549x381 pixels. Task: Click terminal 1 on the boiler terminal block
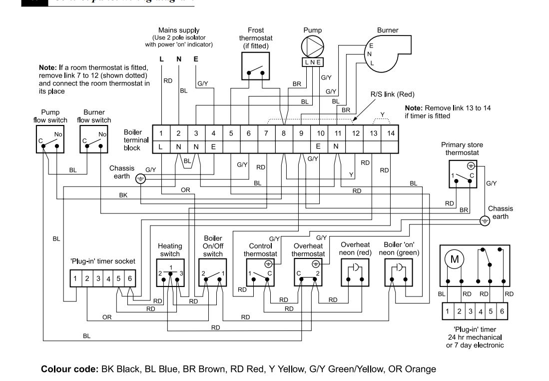click(x=161, y=133)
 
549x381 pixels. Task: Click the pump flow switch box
click(x=51, y=139)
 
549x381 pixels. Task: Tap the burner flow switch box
click(x=94, y=139)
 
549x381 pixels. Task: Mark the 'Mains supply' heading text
click(x=179, y=30)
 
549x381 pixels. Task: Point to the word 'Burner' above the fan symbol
click(x=388, y=30)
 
